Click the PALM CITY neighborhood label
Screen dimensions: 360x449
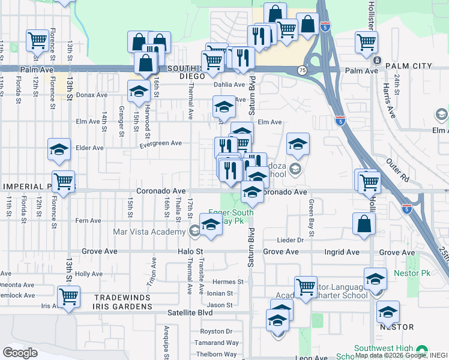click(x=410, y=65)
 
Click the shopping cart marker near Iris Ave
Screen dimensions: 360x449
click(x=68, y=296)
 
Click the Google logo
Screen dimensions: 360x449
click(x=20, y=352)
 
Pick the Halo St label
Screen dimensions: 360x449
click(x=191, y=253)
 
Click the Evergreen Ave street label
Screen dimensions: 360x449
click(x=160, y=143)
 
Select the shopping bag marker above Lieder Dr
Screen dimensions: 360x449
click(x=364, y=224)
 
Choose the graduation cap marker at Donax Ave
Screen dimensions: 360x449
click(x=139, y=91)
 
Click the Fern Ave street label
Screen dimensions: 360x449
click(x=88, y=220)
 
